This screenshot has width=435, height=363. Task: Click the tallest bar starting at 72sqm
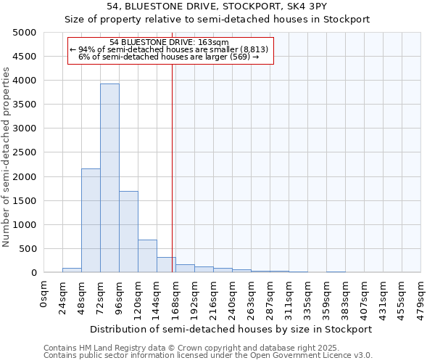tap(109, 178)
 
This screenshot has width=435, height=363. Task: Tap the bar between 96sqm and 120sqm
tap(128, 232)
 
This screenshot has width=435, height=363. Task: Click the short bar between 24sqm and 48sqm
tap(72, 270)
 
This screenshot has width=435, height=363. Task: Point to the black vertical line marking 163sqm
tap(172, 167)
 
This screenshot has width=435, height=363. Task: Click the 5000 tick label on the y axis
tap(25, 33)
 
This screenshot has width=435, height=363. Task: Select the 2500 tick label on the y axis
tap(25, 152)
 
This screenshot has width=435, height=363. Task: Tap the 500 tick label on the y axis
tap(28, 249)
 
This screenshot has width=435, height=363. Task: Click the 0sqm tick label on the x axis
tap(44, 293)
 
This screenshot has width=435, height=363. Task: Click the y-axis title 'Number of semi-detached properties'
tap(7, 157)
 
